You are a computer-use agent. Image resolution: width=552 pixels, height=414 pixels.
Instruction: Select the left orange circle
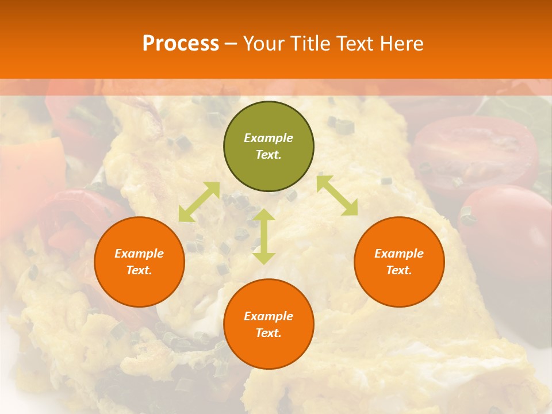[x=139, y=287]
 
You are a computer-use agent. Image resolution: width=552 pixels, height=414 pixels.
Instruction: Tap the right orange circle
[x=399, y=287]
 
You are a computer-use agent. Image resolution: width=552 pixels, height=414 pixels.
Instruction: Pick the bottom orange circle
[x=269, y=351]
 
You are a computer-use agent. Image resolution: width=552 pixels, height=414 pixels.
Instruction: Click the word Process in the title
[x=181, y=43]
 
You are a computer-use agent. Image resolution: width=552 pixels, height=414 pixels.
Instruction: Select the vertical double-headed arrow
[x=264, y=236]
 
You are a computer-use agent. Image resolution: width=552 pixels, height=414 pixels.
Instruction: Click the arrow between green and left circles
[x=199, y=202]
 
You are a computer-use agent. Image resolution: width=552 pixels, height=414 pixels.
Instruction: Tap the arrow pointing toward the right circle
[x=337, y=195]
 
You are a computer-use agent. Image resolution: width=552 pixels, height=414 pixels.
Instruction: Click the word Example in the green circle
[x=269, y=138]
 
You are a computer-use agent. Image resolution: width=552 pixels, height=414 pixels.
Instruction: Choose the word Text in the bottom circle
[x=269, y=333]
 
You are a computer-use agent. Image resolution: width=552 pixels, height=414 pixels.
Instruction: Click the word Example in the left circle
[x=139, y=254]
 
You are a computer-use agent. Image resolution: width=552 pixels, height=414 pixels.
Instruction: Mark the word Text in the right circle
[x=399, y=270]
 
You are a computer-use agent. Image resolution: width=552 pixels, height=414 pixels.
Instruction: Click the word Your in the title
[x=263, y=43]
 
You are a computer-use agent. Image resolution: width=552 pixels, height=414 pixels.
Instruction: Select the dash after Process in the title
[x=231, y=44]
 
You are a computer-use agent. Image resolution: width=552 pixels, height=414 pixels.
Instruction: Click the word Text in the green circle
[x=269, y=155]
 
